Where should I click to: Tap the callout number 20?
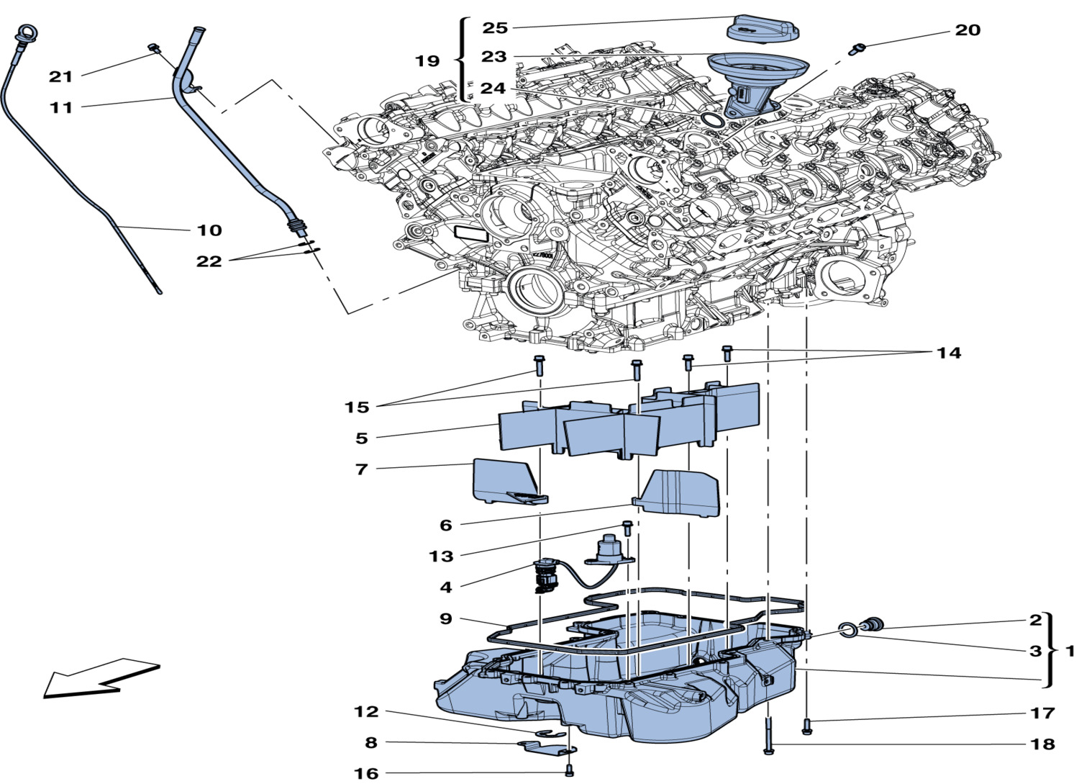(x=968, y=30)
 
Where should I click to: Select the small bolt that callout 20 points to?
(x=856, y=48)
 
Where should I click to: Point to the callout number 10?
(x=209, y=230)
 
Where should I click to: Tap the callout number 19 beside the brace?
(x=427, y=60)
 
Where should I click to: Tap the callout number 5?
(x=361, y=438)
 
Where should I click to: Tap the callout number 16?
(x=365, y=773)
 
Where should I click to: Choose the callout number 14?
(x=948, y=353)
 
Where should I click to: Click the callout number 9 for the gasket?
(x=446, y=618)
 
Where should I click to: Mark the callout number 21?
(x=61, y=76)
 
